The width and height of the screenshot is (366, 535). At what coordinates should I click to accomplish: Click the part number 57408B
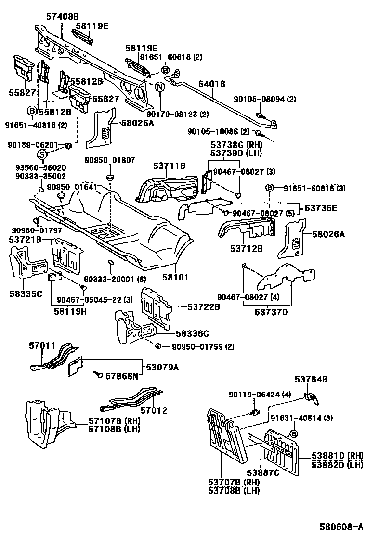click(x=63, y=16)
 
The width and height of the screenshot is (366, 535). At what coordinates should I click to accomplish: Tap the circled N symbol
click(x=160, y=87)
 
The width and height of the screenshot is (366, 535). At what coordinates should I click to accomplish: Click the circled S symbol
click(x=42, y=154)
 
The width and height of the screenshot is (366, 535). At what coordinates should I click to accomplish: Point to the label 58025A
click(x=137, y=123)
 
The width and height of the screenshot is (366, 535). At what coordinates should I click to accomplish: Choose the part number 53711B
click(x=170, y=166)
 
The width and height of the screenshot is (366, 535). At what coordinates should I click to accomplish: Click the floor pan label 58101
click(x=174, y=278)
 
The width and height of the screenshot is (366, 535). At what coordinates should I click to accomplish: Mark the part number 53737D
click(x=271, y=312)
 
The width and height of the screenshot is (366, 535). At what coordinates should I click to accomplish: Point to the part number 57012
click(x=154, y=410)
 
